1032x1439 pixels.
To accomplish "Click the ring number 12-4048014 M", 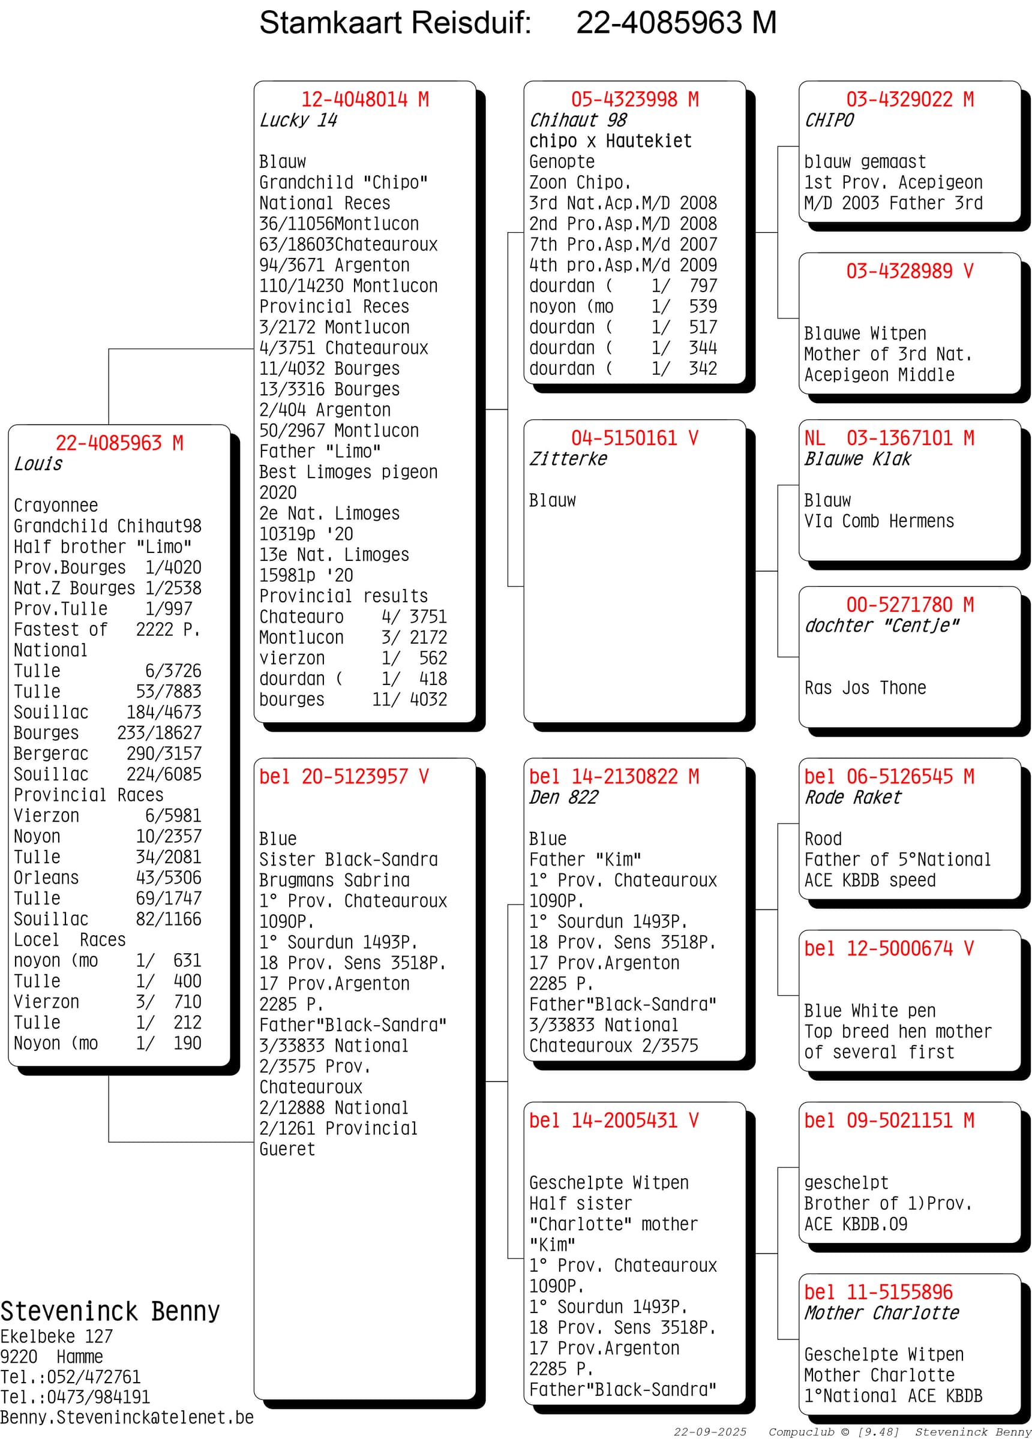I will pyautogui.click(x=364, y=100).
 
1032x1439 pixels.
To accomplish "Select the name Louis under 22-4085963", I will pyautogui.click(x=38, y=464).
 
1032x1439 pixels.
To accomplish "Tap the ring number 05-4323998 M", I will pyautogui.click(x=634, y=100).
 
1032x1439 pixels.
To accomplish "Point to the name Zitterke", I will pyautogui.click(x=568, y=459).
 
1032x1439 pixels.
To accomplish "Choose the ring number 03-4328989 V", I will pyautogui.click(x=909, y=272).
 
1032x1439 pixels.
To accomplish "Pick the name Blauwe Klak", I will pyautogui.click(x=857, y=459).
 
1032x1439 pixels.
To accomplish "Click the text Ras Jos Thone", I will pyautogui.click(x=865, y=688).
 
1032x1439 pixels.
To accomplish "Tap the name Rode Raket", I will pyautogui.click(x=852, y=798).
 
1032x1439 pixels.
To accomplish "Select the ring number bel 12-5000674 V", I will pyautogui.click(x=888, y=948).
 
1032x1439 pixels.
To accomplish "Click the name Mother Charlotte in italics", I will pyautogui.click(x=881, y=1313).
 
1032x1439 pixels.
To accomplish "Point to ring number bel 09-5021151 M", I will pyautogui.click(x=888, y=1120).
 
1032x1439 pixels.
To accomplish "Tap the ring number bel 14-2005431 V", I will pyautogui.click(x=613, y=1120).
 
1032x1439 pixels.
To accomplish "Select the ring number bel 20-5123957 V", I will pyautogui.click(x=343, y=777).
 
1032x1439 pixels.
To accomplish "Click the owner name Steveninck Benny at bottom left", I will pyautogui.click(x=110, y=1311).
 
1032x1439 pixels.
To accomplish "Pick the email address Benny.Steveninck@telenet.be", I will pyautogui.click(x=127, y=1417).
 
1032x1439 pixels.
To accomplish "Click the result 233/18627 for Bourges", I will pyautogui.click(x=158, y=733).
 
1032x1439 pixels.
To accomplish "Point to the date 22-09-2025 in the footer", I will pyautogui.click(x=710, y=1431).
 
